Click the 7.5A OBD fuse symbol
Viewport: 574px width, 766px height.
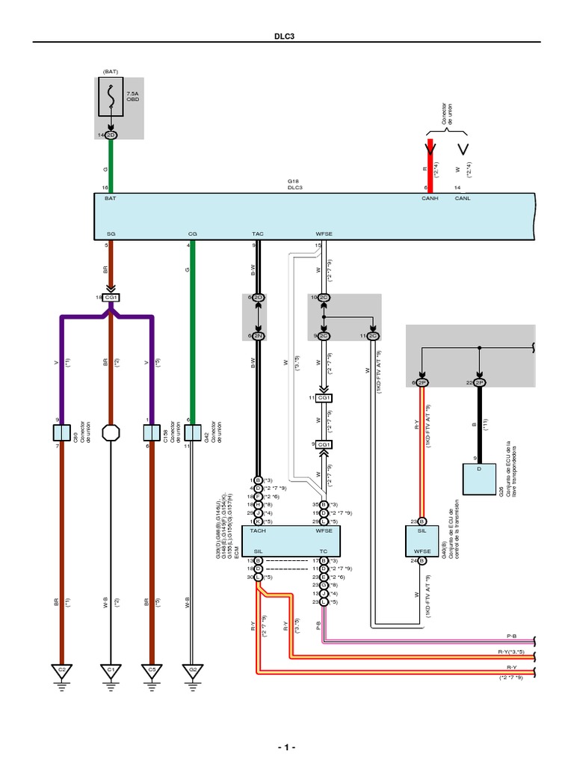pos(111,99)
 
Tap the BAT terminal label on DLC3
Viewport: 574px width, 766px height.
pos(110,199)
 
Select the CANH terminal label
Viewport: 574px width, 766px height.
pos(430,199)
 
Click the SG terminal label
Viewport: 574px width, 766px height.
pos(111,234)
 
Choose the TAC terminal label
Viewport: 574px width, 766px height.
pos(258,234)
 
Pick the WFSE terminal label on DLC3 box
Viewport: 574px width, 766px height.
pos(324,234)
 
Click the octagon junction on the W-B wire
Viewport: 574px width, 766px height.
pos(111,432)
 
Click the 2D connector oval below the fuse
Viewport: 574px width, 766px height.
pos(111,135)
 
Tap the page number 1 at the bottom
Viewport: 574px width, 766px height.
pos(286,747)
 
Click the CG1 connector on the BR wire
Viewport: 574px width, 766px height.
pos(111,297)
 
